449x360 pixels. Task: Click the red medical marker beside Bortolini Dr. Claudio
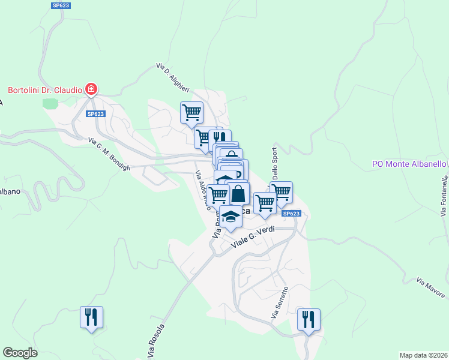pos(91,90)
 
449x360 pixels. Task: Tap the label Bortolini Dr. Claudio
pos(44,90)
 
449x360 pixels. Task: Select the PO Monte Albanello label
pos(409,164)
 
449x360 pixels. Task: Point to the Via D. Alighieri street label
pos(173,77)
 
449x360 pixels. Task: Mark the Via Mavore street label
pos(431,288)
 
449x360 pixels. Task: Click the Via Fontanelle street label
pos(444,196)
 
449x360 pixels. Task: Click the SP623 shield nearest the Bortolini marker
pos(95,114)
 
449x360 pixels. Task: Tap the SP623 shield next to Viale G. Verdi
pos(291,214)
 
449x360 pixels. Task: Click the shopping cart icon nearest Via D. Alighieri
pos(191,112)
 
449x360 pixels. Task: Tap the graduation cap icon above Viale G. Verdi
pos(231,217)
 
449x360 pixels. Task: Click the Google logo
pos(20,353)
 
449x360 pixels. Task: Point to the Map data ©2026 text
pos(423,355)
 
